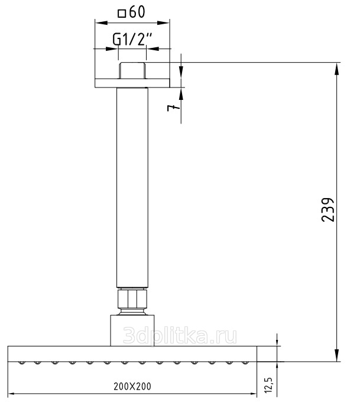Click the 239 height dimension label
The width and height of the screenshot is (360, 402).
point(328,209)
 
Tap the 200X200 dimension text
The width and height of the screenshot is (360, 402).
point(132,387)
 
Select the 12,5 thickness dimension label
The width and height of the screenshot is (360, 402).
point(270,385)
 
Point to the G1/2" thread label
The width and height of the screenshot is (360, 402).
point(132,40)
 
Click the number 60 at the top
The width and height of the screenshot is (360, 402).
point(137,12)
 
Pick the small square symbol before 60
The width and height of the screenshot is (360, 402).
point(122,14)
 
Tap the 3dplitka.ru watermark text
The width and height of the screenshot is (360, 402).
point(180,335)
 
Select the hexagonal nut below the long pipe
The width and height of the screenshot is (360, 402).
point(132,299)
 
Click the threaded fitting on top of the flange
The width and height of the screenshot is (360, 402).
point(132,70)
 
